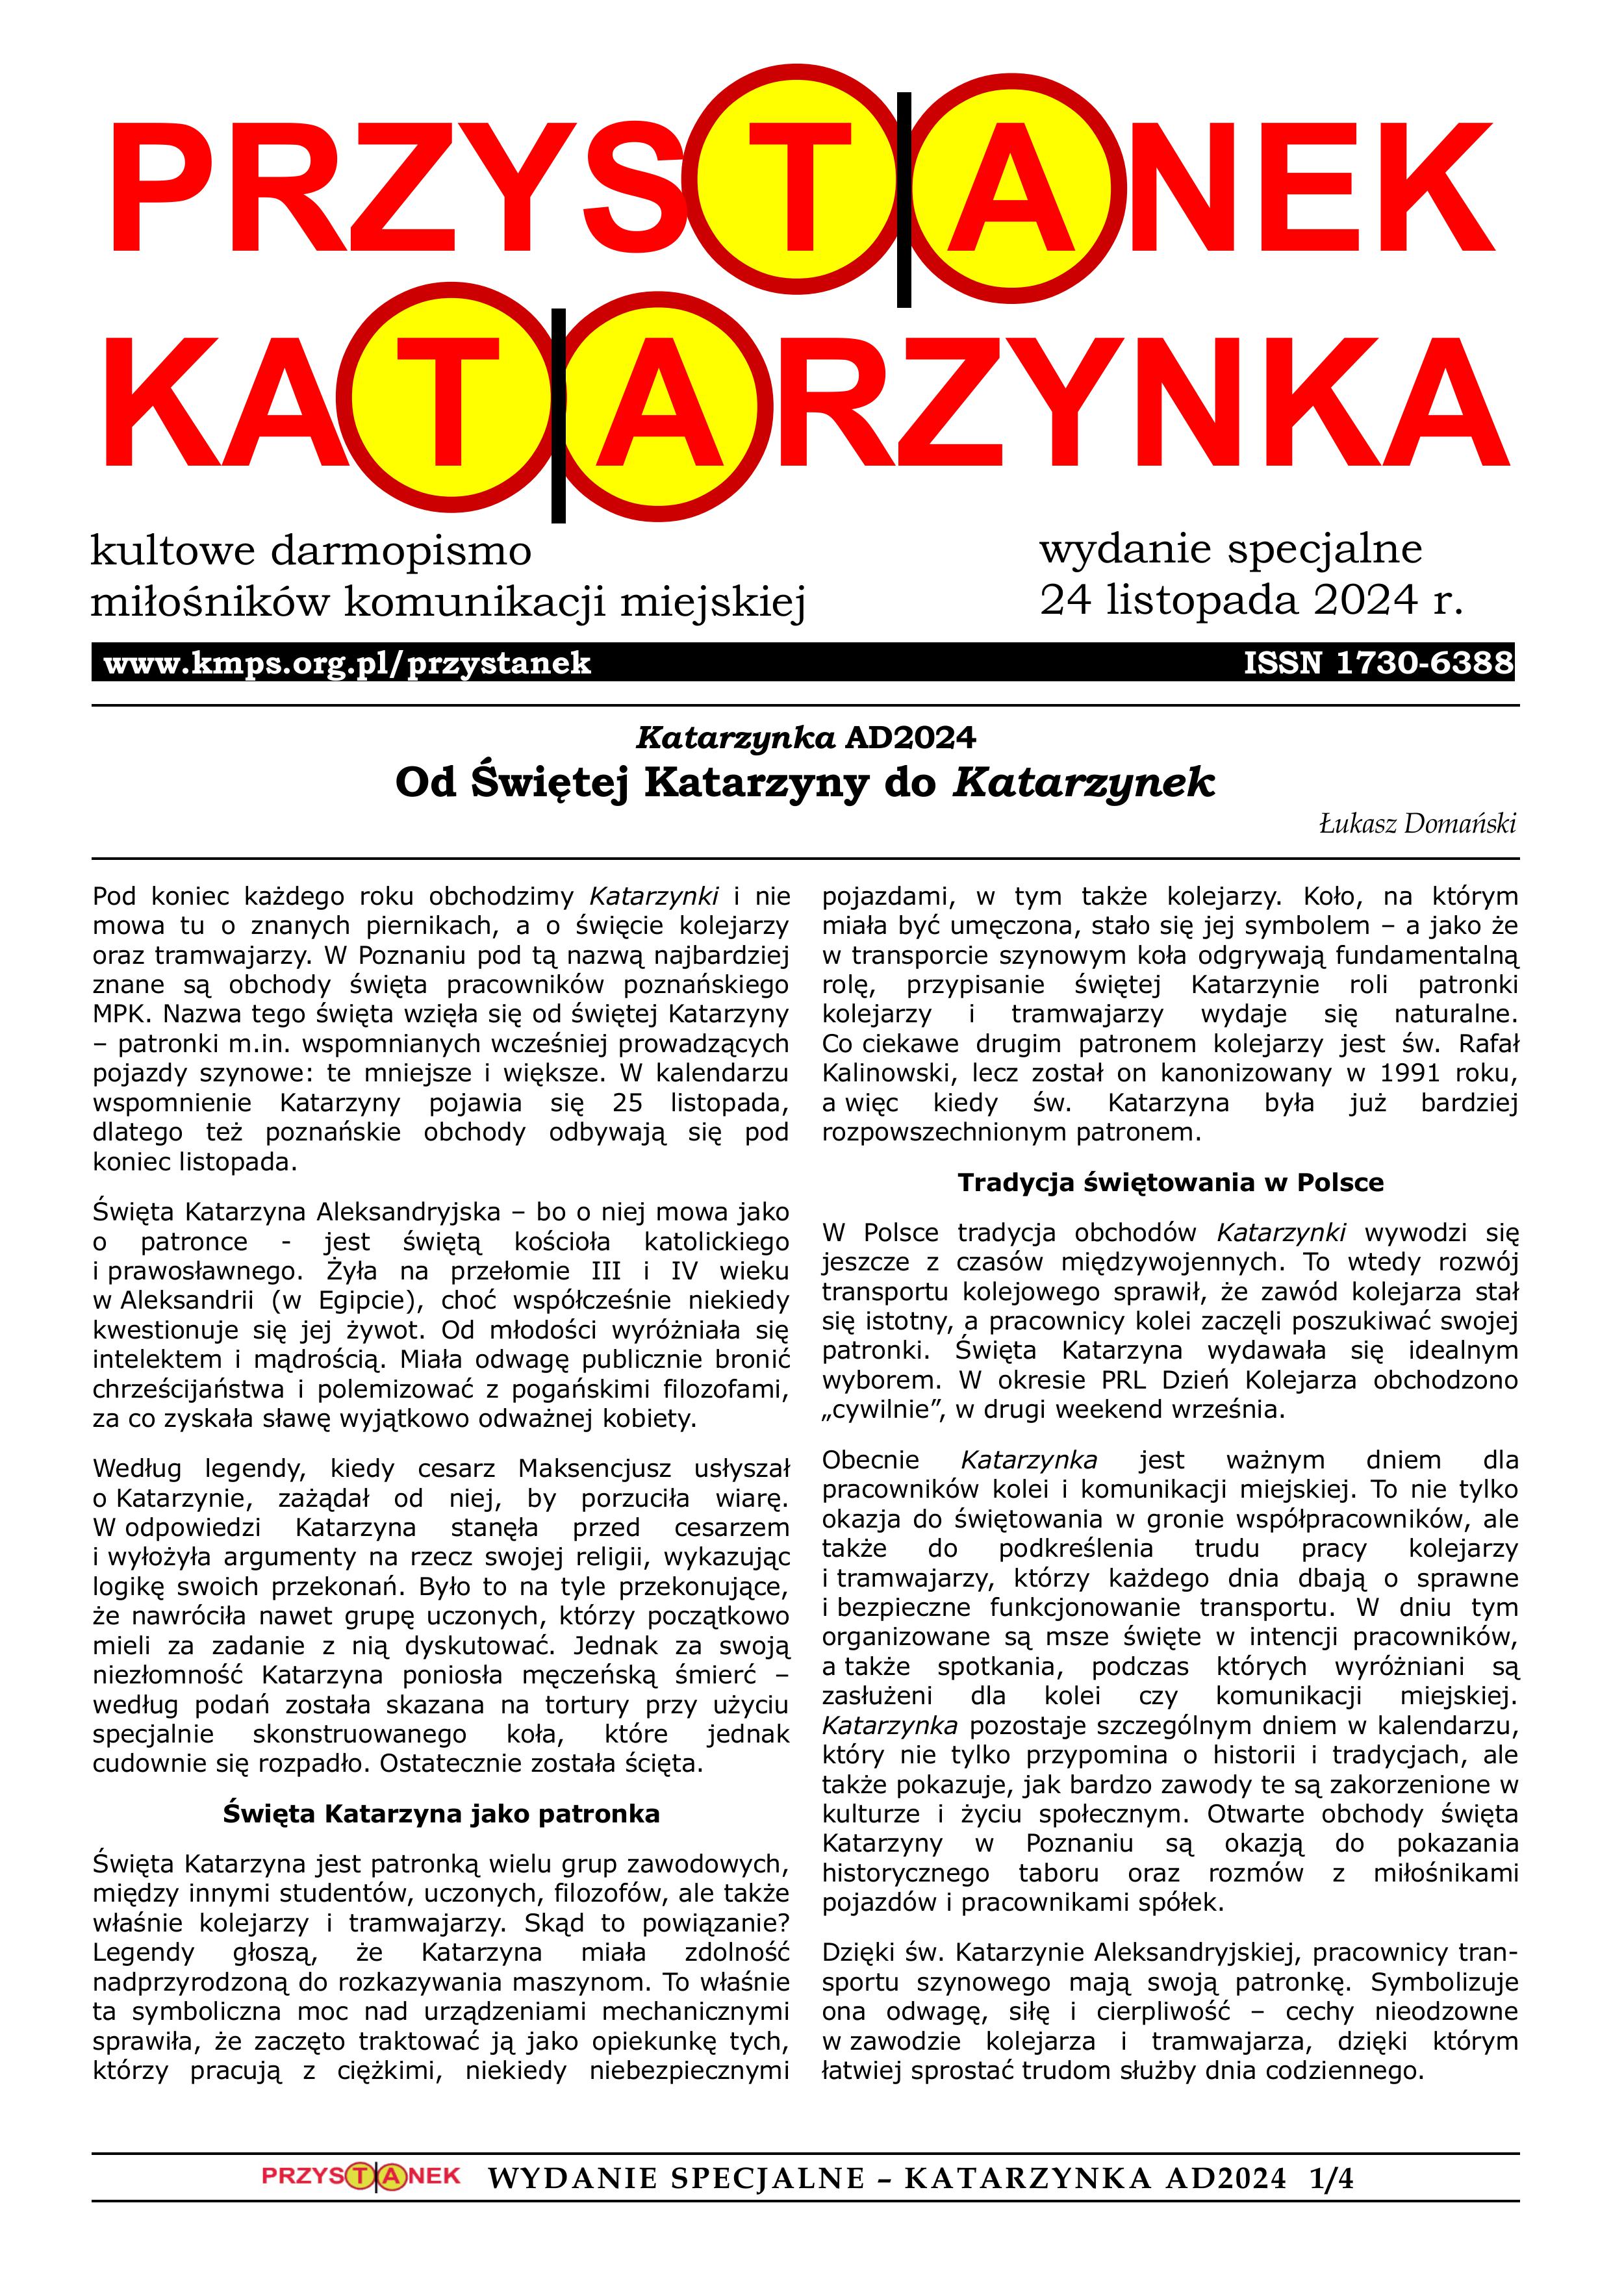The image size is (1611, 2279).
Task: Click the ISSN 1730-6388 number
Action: point(1378,662)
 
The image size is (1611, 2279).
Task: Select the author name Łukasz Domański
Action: point(1417,823)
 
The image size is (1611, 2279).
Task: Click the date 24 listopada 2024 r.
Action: point(1250,599)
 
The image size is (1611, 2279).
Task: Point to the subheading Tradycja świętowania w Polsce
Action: point(1171,1182)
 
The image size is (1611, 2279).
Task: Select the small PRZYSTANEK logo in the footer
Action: point(361,2204)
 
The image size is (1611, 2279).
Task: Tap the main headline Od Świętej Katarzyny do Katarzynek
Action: point(804,782)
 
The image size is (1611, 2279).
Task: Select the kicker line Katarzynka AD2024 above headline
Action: point(805,738)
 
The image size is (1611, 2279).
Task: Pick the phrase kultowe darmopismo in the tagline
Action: point(311,551)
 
